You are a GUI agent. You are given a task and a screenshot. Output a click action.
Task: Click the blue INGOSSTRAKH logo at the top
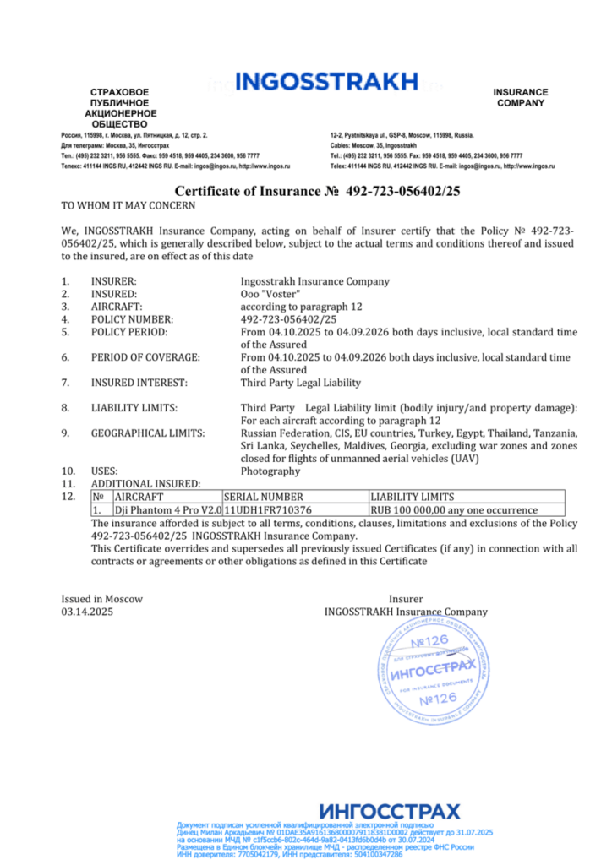pyautogui.click(x=326, y=82)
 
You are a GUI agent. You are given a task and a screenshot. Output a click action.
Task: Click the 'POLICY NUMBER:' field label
pyautogui.click(x=132, y=319)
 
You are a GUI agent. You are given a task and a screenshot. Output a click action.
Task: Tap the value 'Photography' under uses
pyautogui.click(x=270, y=471)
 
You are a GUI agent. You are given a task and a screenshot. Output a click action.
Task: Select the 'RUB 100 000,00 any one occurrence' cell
pyautogui.click(x=454, y=510)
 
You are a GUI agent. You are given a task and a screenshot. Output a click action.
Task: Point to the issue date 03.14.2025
pyautogui.click(x=87, y=612)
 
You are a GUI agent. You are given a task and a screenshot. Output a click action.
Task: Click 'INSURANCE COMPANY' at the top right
pyautogui.click(x=521, y=98)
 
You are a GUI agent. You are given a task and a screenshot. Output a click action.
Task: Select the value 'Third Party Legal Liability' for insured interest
pyautogui.click(x=300, y=383)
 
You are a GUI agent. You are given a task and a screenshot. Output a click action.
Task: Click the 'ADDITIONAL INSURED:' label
pyautogui.click(x=145, y=484)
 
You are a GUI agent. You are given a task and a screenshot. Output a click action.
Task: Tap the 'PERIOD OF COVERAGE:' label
pyautogui.click(x=145, y=357)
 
